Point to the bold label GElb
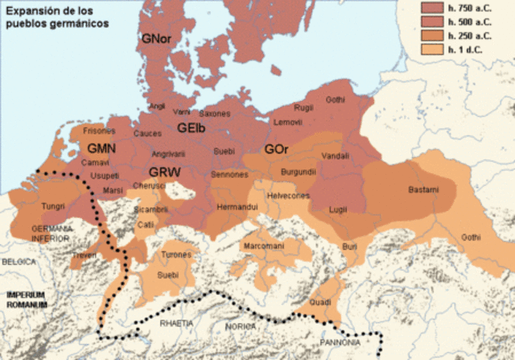[x=193, y=127]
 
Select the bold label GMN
[x=102, y=149]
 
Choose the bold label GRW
[x=165, y=172]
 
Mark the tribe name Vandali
[x=334, y=155]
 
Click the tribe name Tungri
[x=52, y=205]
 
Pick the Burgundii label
[x=298, y=172]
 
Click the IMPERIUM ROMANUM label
[x=27, y=300]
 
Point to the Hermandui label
[x=236, y=207]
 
